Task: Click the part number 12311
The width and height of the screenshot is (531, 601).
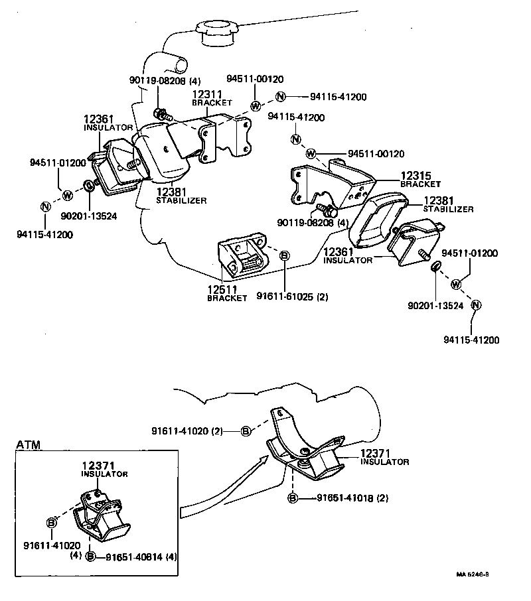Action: (206, 95)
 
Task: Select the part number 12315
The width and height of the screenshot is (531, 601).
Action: (415, 176)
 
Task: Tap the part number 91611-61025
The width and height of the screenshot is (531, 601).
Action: (285, 297)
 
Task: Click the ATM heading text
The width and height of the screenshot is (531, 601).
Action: (29, 444)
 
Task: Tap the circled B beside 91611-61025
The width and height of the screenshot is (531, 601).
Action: (284, 256)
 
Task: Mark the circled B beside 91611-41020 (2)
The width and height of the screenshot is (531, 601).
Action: (245, 431)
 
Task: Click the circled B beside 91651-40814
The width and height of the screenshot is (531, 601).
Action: (91, 556)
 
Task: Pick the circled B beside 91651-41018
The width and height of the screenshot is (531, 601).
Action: (292, 498)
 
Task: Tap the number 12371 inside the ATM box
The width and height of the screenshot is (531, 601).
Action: (98, 466)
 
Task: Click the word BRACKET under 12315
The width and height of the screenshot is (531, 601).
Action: (421, 184)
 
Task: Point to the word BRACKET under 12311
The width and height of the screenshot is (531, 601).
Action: (212, 103)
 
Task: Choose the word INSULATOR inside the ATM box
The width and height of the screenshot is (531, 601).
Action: (104, 474)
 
